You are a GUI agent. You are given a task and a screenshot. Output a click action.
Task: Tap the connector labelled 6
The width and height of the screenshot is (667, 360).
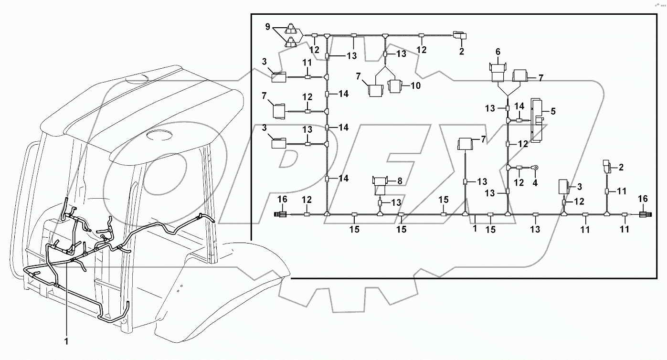pyautogui.click(x=498, y=72)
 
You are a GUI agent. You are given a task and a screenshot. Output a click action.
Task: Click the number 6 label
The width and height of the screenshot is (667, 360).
pyautogui.click(x=498, y=51)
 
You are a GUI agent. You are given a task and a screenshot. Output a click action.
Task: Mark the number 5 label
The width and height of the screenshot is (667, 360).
pyautogui.click(x=553, y=112)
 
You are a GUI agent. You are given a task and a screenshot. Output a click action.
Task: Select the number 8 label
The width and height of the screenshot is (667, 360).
pyautogui.click(x=399, y=181)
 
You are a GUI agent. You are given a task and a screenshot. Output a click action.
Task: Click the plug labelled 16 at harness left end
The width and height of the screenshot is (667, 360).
pyautogui.click(x=280, y=214)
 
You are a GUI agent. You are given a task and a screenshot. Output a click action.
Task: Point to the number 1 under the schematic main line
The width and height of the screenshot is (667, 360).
pyautogui.click(x=475, y=229)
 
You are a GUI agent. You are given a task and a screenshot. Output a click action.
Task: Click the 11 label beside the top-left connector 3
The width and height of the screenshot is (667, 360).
pyautogui.click(x=307, y=63)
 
